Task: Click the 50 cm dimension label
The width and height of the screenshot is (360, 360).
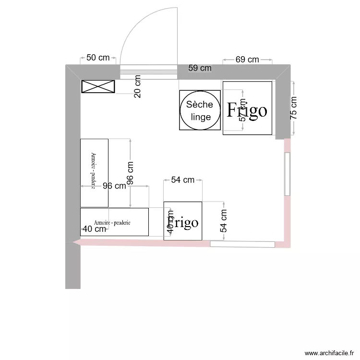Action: click(97, 58)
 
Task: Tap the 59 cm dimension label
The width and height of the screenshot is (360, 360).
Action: click(199, 68)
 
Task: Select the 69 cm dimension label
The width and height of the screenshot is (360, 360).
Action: click(247, 60)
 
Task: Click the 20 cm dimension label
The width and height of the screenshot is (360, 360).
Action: click(138, 86)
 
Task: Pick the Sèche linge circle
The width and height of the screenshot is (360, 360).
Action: click(200, 110)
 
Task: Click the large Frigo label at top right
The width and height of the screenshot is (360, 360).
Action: click(247, 110)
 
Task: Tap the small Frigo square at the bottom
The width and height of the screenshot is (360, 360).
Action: click(183, 221)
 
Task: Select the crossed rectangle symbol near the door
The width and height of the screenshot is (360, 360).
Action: click(98, 86)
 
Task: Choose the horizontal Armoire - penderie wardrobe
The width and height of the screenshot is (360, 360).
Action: click(114, 222)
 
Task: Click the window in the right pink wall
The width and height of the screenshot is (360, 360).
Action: click(287, 174)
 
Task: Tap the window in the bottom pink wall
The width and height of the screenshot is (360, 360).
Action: click(242, 244)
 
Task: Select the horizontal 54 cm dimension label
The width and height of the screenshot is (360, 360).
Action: click(182, 180)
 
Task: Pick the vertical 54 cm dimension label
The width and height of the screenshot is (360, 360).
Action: click(223, 221)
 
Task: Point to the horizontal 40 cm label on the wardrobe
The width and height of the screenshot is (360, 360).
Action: click(95, 229)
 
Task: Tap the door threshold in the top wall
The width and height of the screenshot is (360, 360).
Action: click(148, 73)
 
